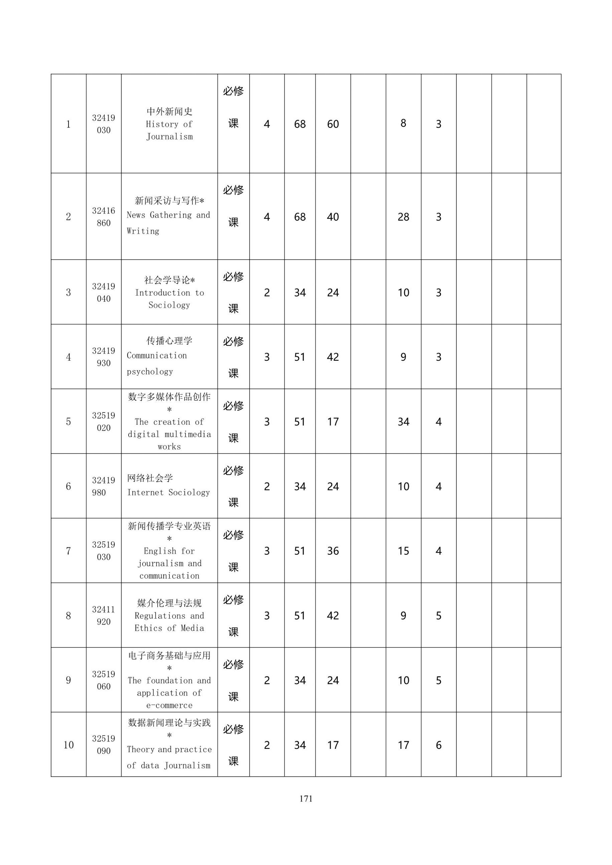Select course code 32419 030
coord(103,123)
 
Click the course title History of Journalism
coord(169,123)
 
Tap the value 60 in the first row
coord(333,124)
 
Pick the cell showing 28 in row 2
coord(403,217)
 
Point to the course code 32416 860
coord(103,217)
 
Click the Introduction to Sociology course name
coord(169,292)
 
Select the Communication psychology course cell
coord(169,357)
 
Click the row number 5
coord(68,421)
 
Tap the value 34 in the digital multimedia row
coord(403,421)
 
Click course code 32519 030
coord(103,550)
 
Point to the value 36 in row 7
coord(333,551)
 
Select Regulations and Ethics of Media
coord(169,615)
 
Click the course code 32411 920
coord(103,615)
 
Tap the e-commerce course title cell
coord(169,680)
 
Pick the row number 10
coord(68,745)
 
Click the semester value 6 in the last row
coord(438,745)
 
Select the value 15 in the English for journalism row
coord(403,551)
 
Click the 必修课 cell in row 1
coord(233,107)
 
